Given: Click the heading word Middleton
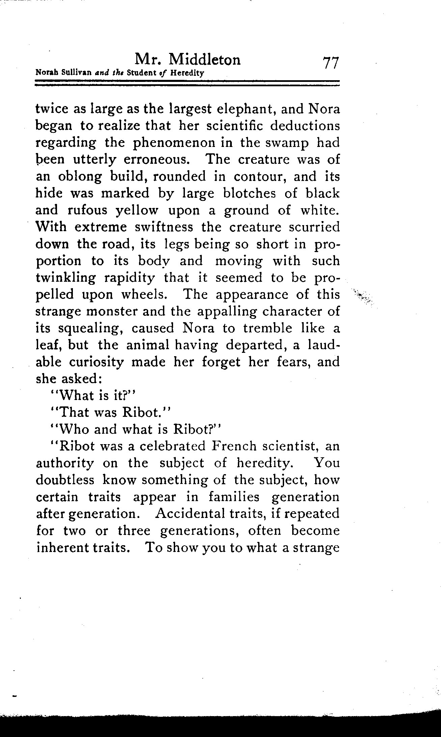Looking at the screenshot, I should pyautogui.click(x=205, y=60).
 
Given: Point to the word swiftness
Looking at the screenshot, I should pyautogui.click(x=164, y=227).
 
